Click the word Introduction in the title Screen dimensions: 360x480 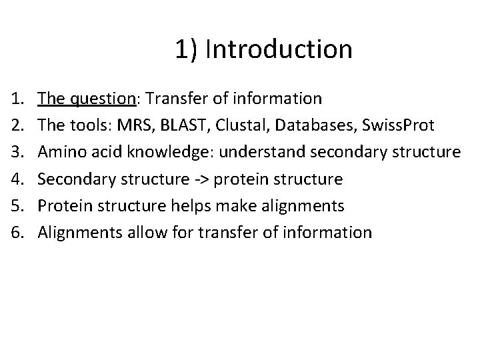coord(279,49)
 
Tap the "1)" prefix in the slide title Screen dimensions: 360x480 coord(187,49)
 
